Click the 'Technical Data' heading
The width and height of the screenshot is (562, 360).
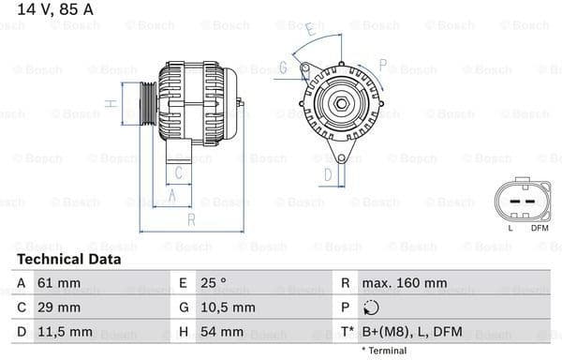68,259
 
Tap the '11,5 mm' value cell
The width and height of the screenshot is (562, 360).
66,332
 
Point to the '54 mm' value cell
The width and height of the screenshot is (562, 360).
221,332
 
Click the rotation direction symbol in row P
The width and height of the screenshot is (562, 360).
371,307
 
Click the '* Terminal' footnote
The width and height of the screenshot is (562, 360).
384,351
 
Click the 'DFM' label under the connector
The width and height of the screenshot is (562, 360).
540,228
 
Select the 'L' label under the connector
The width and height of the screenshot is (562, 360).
510,228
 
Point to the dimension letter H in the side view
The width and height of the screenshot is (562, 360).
110,103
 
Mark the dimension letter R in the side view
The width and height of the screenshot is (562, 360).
190,219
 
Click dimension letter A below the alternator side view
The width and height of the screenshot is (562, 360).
171,195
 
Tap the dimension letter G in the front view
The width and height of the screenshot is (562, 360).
282,67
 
